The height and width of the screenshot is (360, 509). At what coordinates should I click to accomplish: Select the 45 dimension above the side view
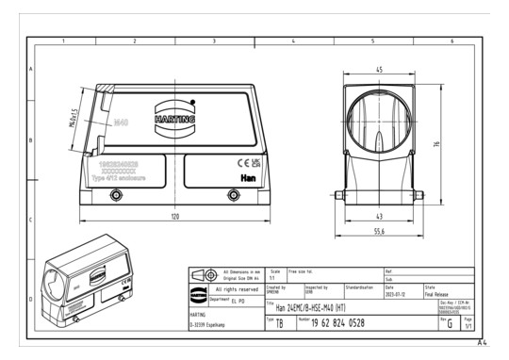pos(377,69)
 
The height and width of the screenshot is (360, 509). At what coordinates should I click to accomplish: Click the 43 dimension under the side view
pos(377,215)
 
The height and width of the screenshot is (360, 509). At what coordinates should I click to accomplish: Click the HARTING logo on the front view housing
pos(174,120)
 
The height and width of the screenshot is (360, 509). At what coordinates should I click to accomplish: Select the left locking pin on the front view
pos(115,195)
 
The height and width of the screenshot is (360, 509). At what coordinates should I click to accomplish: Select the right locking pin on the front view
pos(234,195)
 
